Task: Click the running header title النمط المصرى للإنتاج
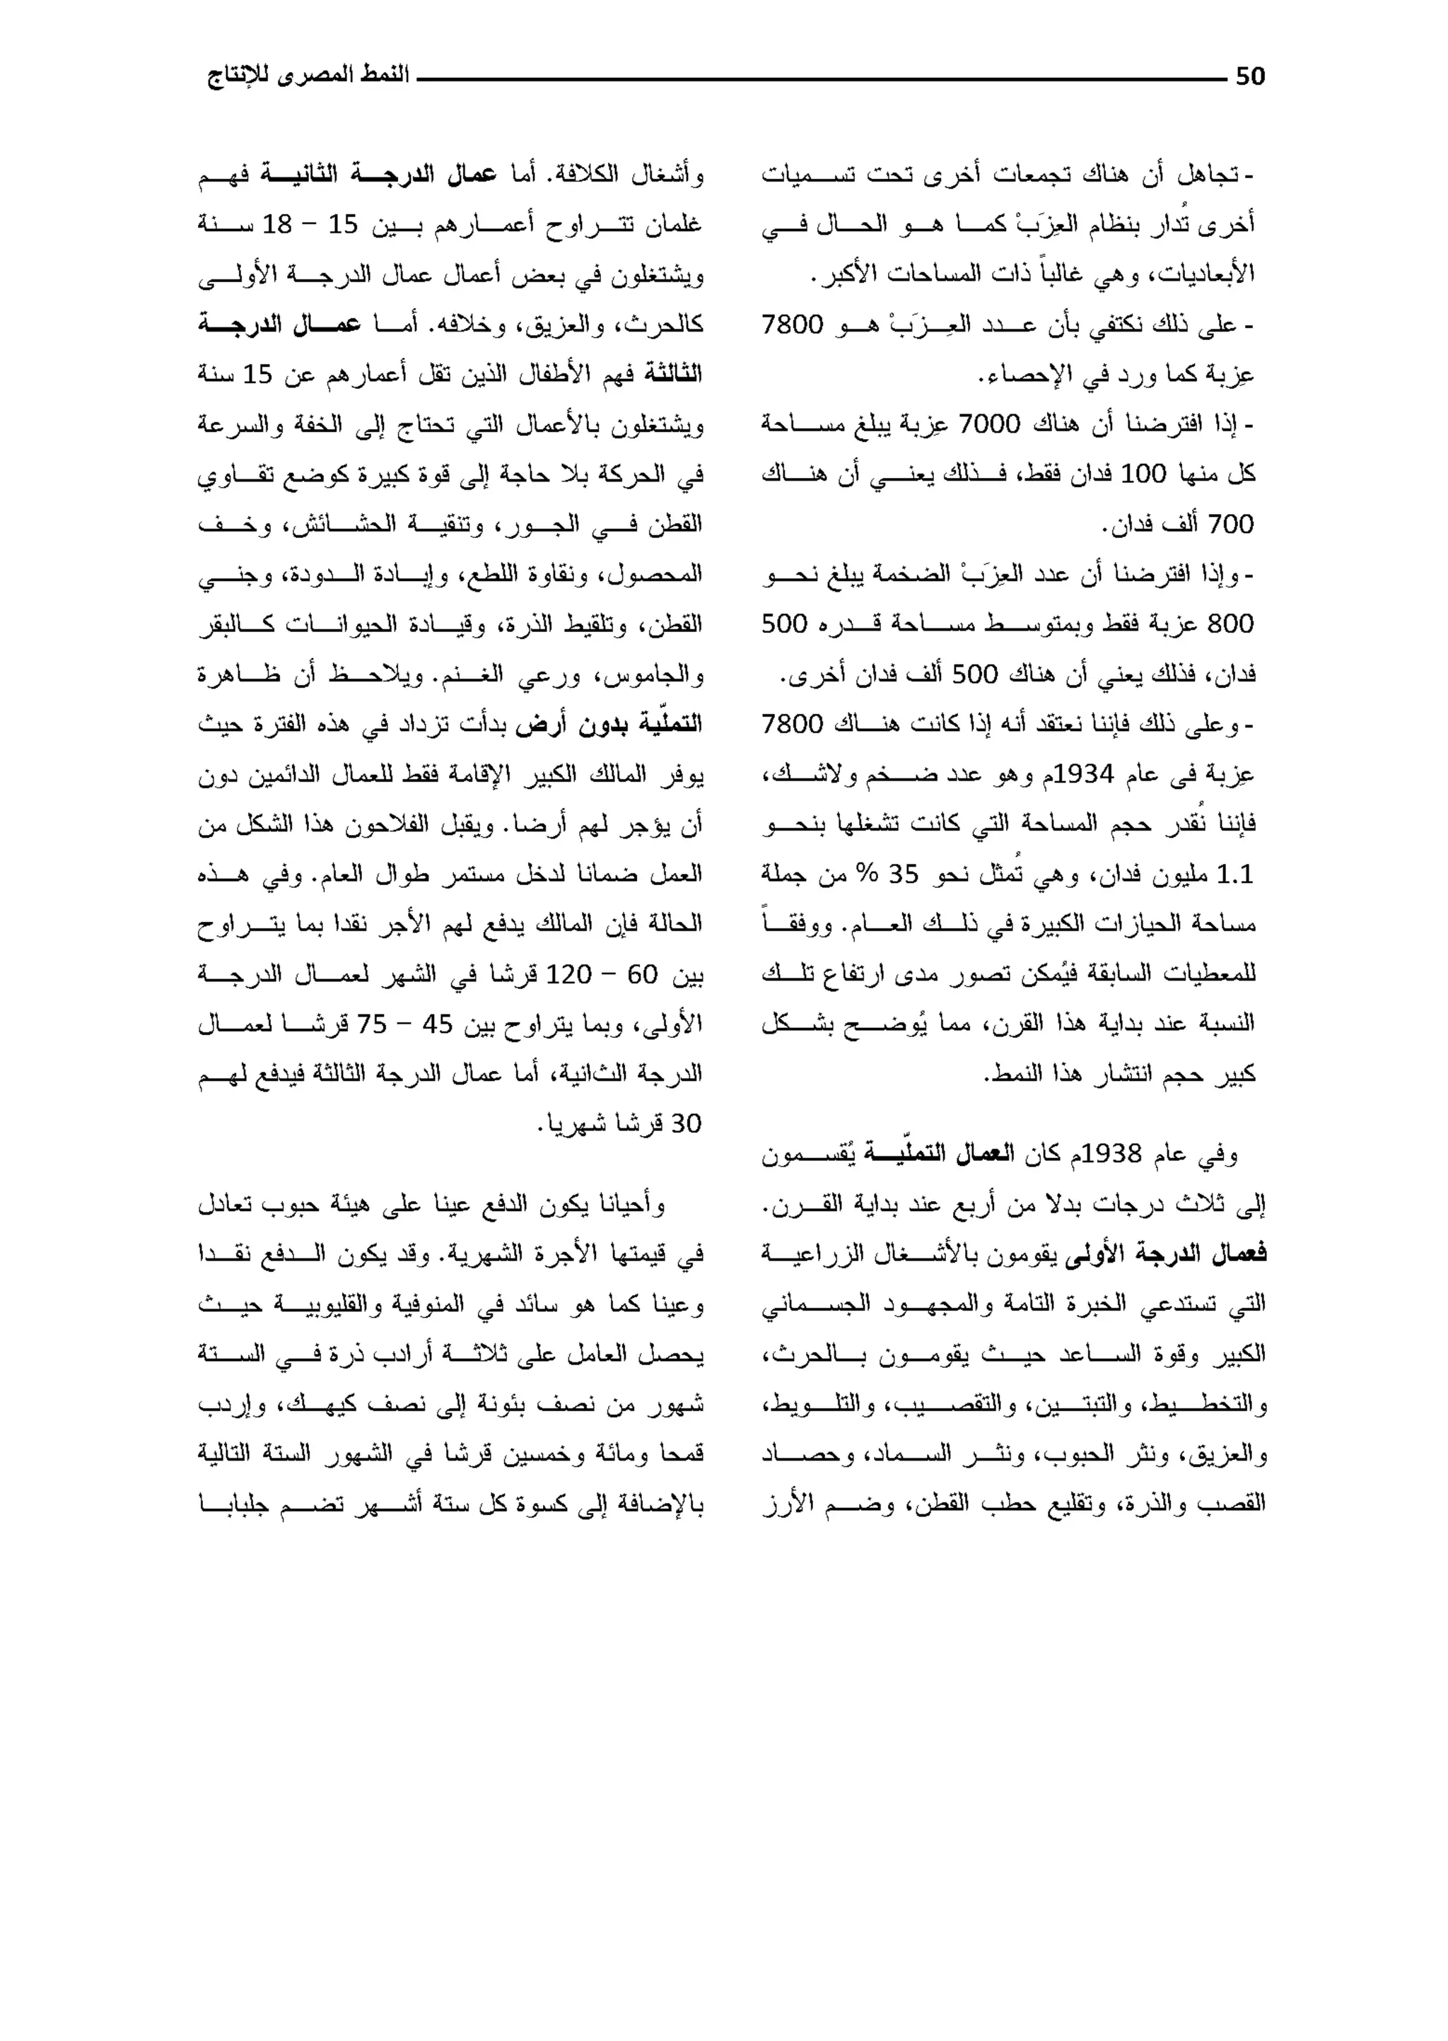coord(308,75)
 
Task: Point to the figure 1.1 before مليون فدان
coord(1235,875)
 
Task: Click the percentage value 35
coord(902,875)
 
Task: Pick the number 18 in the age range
coord(277,225)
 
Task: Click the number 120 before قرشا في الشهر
coord(568,974)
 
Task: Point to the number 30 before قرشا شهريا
coord(686,1124)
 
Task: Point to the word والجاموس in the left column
coord(659,674)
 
